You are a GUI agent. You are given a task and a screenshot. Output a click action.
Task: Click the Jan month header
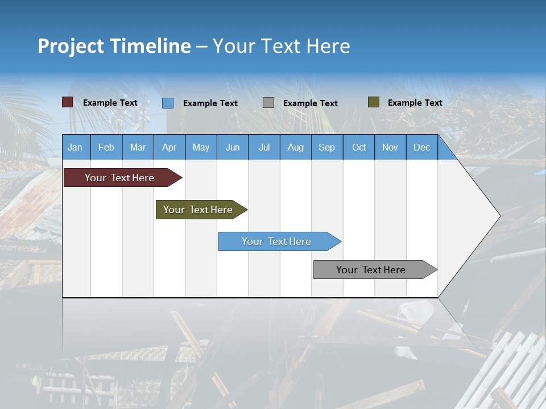click(75, 147)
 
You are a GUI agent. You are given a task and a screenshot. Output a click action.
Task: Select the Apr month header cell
click(169, 147)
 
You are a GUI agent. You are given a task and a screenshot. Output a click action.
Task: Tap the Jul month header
click(264, 147)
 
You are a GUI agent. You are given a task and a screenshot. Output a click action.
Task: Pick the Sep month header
click(326, 147)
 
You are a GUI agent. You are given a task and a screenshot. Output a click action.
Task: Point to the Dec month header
click(421, 147)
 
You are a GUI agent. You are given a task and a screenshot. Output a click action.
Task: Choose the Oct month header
click(359, 147)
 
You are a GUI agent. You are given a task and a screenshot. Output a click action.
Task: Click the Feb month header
click(106, 147)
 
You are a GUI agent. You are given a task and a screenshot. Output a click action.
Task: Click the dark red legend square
click(67, 102)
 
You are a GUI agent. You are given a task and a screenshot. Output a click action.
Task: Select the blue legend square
click(168, 103)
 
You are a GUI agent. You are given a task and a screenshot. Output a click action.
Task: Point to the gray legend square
click(268, 103)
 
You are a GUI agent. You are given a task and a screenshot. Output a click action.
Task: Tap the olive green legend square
click(373, 102)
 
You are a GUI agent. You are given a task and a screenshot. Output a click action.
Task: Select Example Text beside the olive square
click(415, 103)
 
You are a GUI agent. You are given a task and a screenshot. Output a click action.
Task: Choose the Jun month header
click(233, 147)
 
